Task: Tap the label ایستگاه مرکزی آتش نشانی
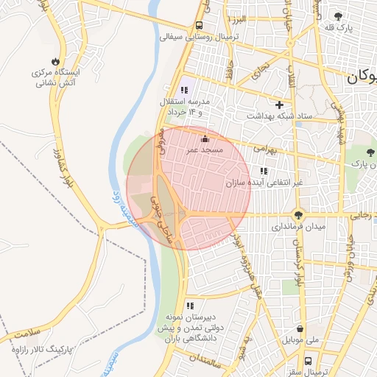click(x=57, y=79)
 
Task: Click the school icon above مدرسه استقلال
click(x=184, y=90)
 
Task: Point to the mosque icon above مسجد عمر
click(x=204, y=138)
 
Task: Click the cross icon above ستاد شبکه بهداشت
click(x=279, y=105)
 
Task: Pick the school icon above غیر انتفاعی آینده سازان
click(x=264, y=171)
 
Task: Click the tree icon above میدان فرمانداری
click(x=297, y=215)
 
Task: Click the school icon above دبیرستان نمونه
click(x=190, y=306)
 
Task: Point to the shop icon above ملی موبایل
click(x=300, y=329)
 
